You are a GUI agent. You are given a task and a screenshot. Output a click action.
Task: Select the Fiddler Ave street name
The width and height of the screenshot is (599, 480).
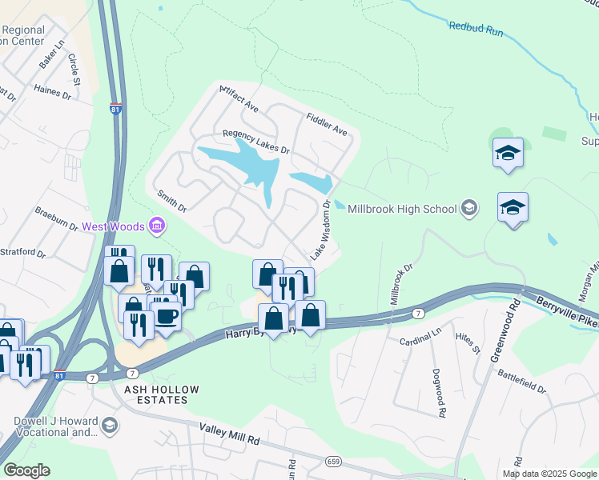327,123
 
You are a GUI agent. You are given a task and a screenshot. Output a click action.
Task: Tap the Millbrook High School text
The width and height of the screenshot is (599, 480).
401,208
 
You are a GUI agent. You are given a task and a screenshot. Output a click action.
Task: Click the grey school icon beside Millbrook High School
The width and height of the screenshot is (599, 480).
469,209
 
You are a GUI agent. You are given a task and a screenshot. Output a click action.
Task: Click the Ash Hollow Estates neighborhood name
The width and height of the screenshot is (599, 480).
155,394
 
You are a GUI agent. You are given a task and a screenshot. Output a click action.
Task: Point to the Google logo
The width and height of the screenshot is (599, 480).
26,470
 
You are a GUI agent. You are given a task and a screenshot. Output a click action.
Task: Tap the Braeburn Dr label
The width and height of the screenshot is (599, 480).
56,220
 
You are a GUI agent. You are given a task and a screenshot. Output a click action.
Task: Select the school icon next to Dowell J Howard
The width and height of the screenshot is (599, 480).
109,426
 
